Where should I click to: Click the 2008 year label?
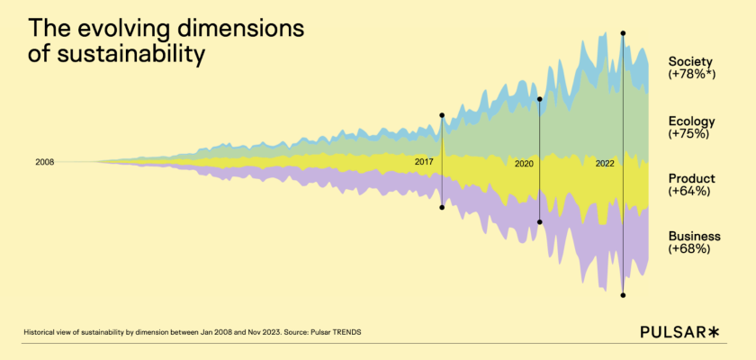(x=45, y=162)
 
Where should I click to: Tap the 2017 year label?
(x=425, y=162)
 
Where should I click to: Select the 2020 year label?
(x=525, y=165)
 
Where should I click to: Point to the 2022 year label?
(x=605, y=164)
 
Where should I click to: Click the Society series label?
(x=691, y=62)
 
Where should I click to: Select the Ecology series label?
(x=691, y=121)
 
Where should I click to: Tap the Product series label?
(x=691, y=178)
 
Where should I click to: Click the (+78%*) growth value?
(x=691, y=75)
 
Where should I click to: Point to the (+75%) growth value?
(x=689, y=134)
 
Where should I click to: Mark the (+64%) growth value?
(x=689, y=191)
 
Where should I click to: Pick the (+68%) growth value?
(x=689, y=248)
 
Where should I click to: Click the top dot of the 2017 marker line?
(x=442, y=115)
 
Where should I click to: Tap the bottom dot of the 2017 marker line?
(x=442, y=208)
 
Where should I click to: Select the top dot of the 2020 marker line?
(x=539, y=99)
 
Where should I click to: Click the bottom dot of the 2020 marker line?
(x=539, y=221)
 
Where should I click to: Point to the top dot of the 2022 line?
(x=623, y=33)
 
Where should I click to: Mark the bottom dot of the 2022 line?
(x=623, y=295)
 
